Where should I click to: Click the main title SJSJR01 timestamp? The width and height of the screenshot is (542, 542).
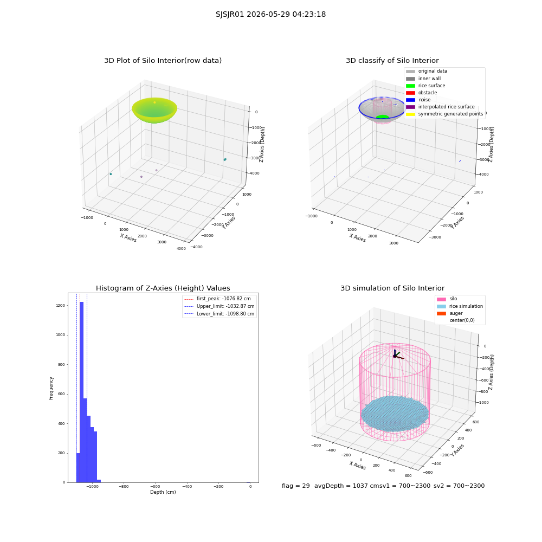(x=270, y=14)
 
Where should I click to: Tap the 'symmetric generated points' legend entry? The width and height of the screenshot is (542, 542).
(x=444, y=114)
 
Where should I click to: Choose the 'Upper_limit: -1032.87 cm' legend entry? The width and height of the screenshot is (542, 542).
(x=219, y=306)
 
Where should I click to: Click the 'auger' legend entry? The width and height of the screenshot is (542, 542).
(x=450, y=313)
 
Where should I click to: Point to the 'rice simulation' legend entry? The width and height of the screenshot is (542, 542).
(x=460, y=306)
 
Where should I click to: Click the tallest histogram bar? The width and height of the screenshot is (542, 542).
(x=82, y=392)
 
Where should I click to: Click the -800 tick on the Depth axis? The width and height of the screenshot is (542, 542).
(x=124, y=486)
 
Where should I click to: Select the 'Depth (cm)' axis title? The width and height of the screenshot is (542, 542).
(x=163, y=492)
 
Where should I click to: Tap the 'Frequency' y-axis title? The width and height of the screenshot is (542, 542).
(x=51, y=388)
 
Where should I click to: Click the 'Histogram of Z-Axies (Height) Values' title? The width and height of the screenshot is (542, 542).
(x=163, y=288)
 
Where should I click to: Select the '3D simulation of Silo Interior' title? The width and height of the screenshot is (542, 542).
(x=392, y=288)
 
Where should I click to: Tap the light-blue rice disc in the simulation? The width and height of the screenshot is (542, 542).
(x=395, y=414)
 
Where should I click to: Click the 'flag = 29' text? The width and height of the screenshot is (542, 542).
(x=295, y=486)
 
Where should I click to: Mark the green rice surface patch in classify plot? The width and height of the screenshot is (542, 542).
(x=382, y=117)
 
